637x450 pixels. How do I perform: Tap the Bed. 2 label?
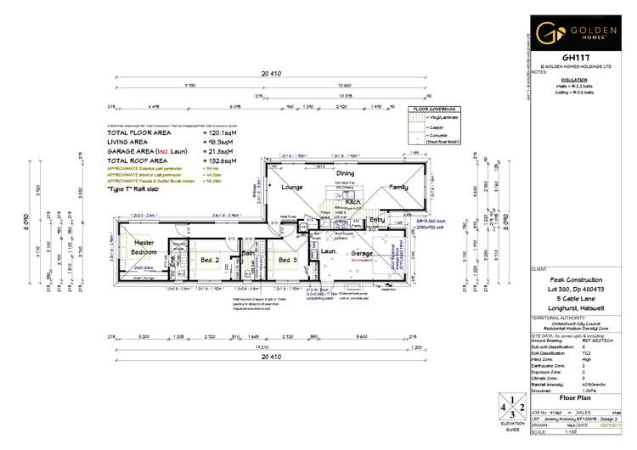click(210, 259)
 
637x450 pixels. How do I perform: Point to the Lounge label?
click(292, 187)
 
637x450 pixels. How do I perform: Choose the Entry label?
click(377, 220)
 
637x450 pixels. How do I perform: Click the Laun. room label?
click(329, 251)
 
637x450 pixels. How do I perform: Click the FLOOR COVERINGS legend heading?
click(433, 109)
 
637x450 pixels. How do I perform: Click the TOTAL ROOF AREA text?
click(140, 160)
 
